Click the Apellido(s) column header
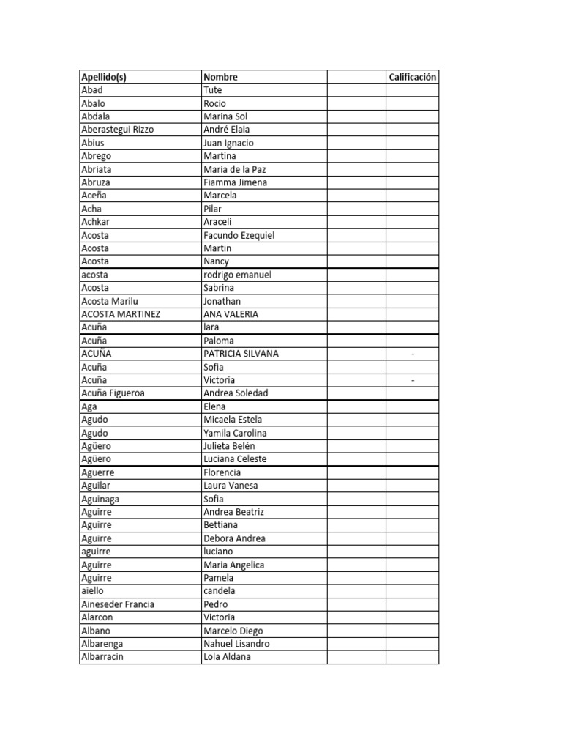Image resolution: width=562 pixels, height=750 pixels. pos(104,77)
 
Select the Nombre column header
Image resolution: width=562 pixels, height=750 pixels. pos(220,77)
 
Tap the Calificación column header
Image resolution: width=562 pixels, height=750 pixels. pos(413,77)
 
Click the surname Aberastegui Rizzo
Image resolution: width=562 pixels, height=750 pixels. pos(118,130)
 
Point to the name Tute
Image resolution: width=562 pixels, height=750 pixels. pos(213,90)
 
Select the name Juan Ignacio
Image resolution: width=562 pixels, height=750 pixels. pos(228,143)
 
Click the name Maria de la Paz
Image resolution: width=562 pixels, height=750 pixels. pos(234,169)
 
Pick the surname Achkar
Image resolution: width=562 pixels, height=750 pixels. pos(96,222)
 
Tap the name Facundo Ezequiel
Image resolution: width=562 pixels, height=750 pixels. pos(239,235)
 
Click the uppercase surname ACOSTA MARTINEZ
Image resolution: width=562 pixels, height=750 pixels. pos(121,314)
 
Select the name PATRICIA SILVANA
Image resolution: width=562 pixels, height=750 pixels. pos(241,354)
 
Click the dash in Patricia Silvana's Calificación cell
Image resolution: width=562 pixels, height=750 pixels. pos(413,354)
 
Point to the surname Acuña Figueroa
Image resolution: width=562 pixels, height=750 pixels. pos(113,393)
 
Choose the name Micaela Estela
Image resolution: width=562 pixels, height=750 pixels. pos(232,420)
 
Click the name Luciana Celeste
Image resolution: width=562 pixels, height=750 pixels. pos(235,459)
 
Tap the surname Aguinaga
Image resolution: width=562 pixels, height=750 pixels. pos(100,499)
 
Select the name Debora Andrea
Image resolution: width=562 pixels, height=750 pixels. pos(234,538)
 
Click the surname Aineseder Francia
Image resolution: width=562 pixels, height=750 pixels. pos(118,604)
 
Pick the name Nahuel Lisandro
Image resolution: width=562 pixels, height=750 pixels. pos(236,644)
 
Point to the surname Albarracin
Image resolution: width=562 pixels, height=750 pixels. pos(102,657)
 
